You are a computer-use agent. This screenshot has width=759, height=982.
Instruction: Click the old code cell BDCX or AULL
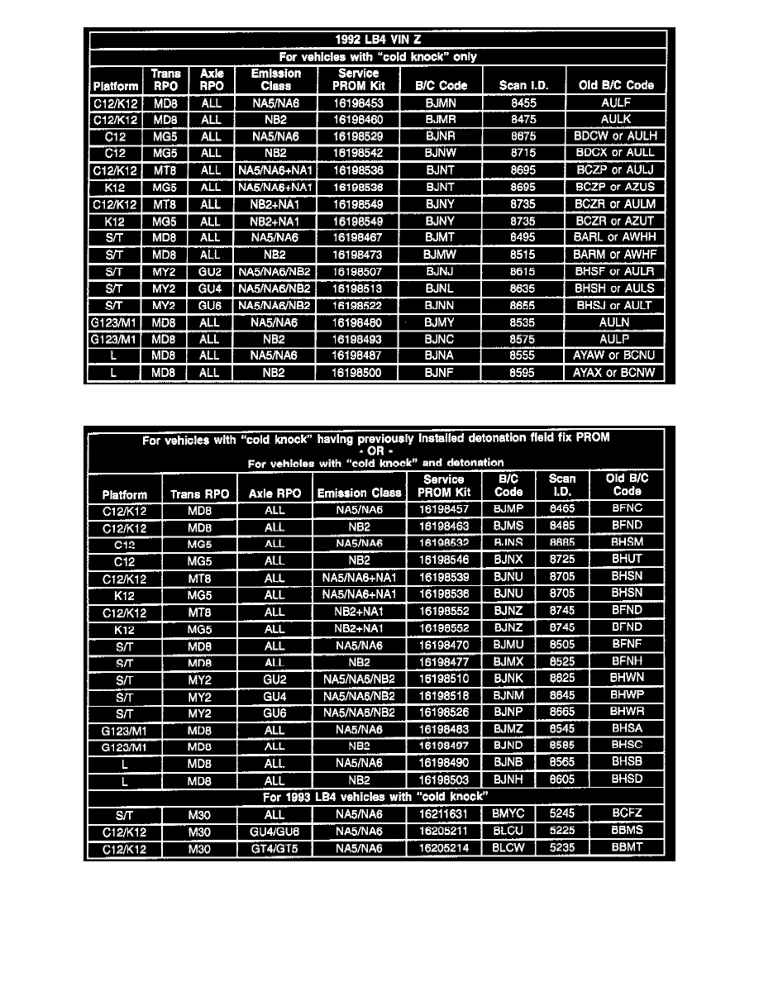click(x=614, y=153)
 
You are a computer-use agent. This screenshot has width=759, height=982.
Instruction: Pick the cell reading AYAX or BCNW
click(x=614, y=373)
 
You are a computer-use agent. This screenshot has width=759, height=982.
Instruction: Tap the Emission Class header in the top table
click(x=276, y=79)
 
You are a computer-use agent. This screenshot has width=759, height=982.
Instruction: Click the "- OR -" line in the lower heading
click(x=376, y=450)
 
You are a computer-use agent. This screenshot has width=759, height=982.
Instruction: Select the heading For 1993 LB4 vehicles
click(x=376, y=797)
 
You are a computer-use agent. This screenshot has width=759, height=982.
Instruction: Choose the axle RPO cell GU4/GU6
click(x=274, y=830)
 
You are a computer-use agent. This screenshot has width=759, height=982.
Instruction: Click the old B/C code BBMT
click(x=626, y=846)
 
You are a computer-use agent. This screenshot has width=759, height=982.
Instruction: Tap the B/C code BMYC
click(x=508, y=814)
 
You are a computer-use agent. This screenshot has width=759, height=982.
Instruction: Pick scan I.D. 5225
click(x=562, y=830)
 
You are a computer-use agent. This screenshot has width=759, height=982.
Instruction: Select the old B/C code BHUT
click(x=626, y=560)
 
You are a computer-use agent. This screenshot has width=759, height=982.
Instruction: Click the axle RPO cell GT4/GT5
click(x=274, y=846)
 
